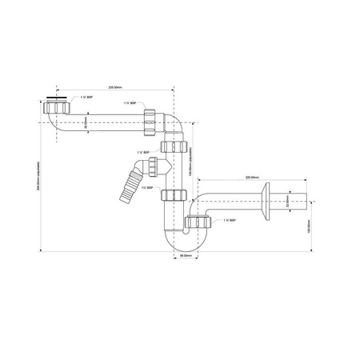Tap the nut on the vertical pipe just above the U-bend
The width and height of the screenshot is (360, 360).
click(x=170, y=195)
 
